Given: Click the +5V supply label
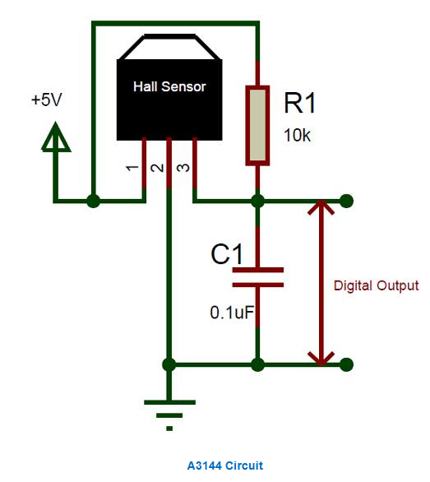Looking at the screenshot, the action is [46, 100].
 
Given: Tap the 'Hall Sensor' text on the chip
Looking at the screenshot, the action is [169, 86].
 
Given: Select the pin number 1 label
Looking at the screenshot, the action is [132, 168].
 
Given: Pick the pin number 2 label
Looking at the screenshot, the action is [157, 168].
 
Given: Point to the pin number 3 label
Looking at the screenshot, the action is [183, 168].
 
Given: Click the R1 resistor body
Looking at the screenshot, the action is [257, 125].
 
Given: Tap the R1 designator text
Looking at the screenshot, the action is [299, 104].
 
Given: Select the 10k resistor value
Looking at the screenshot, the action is [297, 136].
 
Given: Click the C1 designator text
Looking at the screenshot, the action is [227, 254].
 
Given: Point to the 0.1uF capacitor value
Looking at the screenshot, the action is [232, 313].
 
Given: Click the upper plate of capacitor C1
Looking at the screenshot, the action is [257, 270].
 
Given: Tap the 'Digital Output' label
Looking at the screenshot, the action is [376, 286].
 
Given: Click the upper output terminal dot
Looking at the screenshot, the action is [347, 201].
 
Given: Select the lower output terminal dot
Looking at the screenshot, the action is [347, 364].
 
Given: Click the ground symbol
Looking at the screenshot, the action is [169, 415].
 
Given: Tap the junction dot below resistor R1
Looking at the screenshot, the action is [257, 202].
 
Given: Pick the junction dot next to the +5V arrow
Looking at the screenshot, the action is [93, 202].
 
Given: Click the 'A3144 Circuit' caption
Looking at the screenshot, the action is [225, 466].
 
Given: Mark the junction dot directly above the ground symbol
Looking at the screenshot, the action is [169, 365].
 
